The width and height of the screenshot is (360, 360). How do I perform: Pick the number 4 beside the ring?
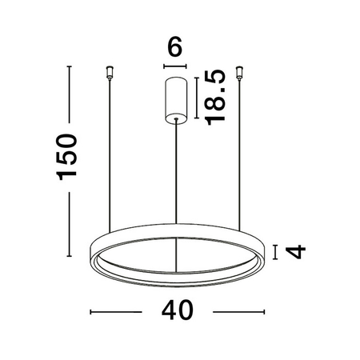tap(297, 252)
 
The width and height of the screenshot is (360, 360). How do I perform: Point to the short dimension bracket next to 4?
tap(275, 252)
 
